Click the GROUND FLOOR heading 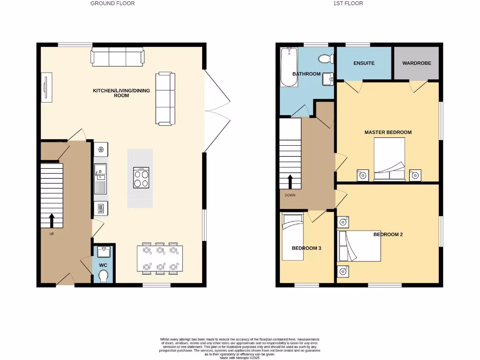pyautogui.click(x=112, y=3)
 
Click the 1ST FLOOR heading pyautogui.click(x=348, y=3)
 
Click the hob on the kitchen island pyautogui.click(x=141, y=177)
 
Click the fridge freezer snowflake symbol pyautogui.click(x=101, y=150)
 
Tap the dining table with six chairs pyautogui.click(x=160, y=258)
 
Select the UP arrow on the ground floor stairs pyautogui.click(x=51, y=220)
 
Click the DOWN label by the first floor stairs pyautogui.click(x=290, y=195)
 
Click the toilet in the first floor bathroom pyautogui.click(x=324, y=59)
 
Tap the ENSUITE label pyautogui.click(x=364, y=63)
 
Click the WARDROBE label pyautogui.click(x=416, y=63)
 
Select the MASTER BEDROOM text pyautogui.click(x=388, y=132)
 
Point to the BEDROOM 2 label pyautogui.click(x=388, y=234)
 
